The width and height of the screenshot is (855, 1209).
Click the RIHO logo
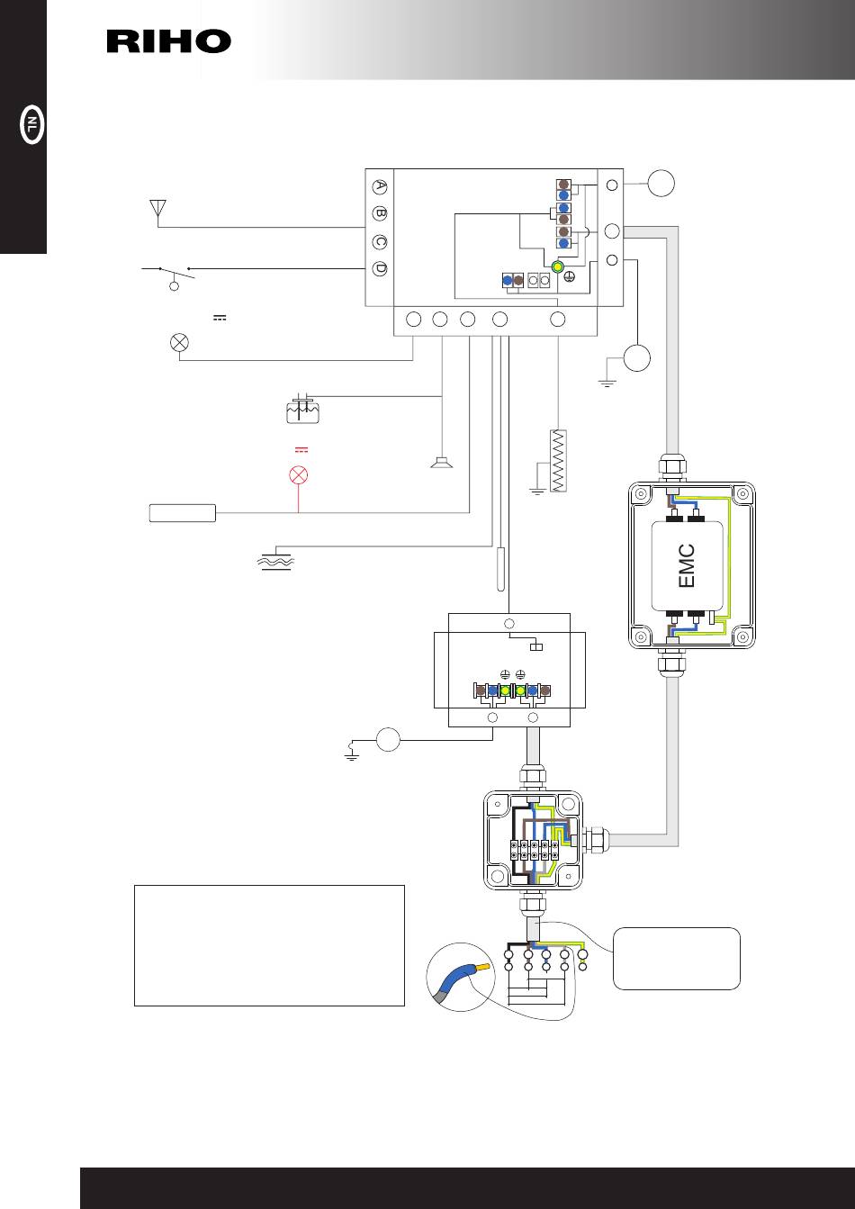(x=169, y=41)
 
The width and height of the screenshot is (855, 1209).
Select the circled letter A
(x=380, y=186)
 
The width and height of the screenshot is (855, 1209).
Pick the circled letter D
(x=380, y=268)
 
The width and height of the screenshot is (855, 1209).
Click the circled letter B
(x=380, y=213)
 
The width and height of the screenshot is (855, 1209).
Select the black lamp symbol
(x=179, y=342)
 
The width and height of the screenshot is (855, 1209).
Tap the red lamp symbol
(x=299, y=475)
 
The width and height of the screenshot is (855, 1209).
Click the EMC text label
(x=686, y=565)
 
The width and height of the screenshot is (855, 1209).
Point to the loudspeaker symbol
(x=442, y=463)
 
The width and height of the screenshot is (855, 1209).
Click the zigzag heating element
(x=558, y=460)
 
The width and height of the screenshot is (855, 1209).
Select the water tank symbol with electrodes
(x=302, y=410)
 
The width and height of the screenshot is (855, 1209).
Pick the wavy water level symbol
(x=275, y=562)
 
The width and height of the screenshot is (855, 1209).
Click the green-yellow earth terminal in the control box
(x=557, y=266)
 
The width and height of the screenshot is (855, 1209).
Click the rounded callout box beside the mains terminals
(x=677, y=959)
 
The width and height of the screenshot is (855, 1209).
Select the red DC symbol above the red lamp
(x=301, y=449)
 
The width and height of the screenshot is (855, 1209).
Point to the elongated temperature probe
(x=500, y=569)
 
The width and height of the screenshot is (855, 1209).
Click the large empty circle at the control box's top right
(x=661, y=183)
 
